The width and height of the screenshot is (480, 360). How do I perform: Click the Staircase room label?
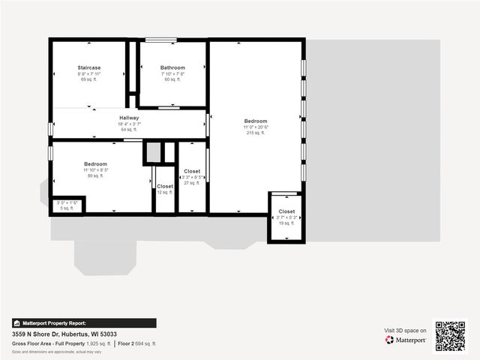88,67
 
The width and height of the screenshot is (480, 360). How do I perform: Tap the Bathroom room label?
172,67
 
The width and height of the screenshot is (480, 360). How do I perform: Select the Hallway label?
129,118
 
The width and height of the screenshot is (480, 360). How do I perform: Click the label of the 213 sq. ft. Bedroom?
255,121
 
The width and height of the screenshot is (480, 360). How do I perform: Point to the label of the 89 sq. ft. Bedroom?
95,164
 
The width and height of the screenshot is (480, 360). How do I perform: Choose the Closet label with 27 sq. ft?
192,171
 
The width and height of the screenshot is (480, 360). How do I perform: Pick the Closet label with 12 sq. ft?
165,186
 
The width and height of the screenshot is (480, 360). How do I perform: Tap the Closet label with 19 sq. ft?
286,211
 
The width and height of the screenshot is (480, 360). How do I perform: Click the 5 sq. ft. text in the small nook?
67,208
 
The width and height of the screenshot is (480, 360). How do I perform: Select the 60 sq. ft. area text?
172,79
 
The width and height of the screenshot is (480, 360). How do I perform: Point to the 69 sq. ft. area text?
88,79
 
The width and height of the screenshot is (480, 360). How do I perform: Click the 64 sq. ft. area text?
129,130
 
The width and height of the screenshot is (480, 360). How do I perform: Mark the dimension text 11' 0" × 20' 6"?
255,127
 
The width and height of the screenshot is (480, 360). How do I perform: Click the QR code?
450,336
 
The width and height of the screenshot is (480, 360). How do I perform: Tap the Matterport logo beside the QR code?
406,340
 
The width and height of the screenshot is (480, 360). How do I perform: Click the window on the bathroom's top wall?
161,40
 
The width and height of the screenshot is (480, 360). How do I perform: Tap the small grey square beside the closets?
153,152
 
